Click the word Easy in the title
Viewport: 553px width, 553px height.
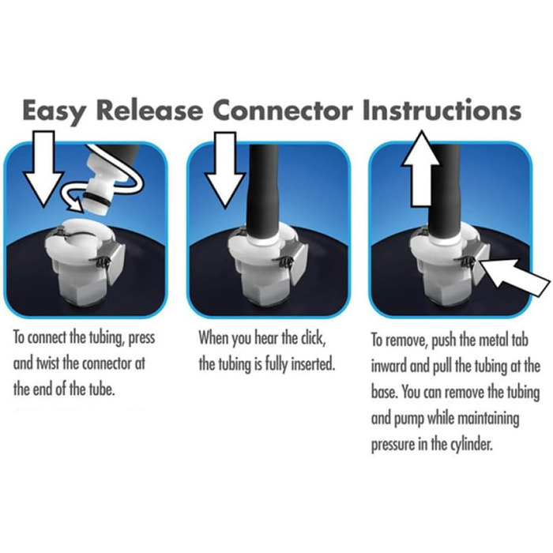[x=53, y=111]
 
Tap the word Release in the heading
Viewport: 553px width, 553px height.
[x=149, y=110]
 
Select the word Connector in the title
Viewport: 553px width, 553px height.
[x=283, y=110]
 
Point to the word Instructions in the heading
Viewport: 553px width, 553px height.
[x=442, y=110]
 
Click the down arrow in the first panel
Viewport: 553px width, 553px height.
[x=43, y=168]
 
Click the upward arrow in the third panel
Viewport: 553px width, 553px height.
[x=421, y=168]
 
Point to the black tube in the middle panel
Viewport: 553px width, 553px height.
[x=262, y=190]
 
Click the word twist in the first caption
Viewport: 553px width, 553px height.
[x=47, y=363]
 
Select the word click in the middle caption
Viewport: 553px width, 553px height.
[x=311, y=337]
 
